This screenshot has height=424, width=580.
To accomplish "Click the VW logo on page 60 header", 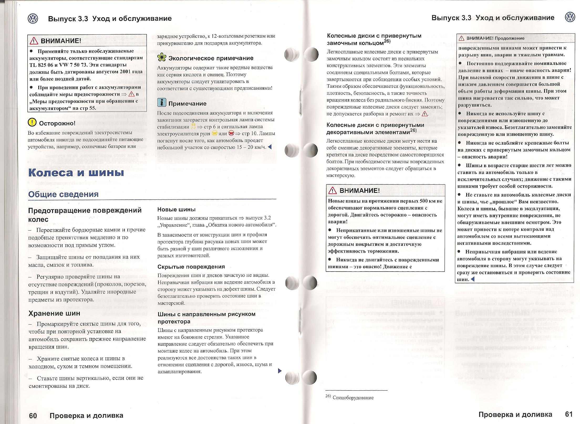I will point(33,19).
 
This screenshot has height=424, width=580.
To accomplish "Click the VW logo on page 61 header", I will point(570,18).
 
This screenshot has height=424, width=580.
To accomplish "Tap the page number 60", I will point(33,415).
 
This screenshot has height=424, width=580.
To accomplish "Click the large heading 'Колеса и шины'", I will point(76,173).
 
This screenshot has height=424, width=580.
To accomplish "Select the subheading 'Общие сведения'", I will point(63,194).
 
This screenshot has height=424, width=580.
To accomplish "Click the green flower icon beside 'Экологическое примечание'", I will point(162,57).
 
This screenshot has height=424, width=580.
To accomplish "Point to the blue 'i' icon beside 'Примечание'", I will point(162,103).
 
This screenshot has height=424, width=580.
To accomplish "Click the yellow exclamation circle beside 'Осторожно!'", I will point(32,122).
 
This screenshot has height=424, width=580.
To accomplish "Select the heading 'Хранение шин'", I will point(54,313).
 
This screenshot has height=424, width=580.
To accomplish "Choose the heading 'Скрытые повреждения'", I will point(191,267).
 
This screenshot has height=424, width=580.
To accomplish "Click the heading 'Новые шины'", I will point(176,209).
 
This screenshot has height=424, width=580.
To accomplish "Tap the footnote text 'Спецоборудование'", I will point(353,397).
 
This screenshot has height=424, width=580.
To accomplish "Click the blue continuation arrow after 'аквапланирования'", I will point(280,371).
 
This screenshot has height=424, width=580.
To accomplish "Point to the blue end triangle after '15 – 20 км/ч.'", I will point(270,147).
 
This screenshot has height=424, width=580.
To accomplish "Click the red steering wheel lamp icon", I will point(231,133).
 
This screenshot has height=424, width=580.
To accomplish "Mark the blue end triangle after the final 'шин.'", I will point(473,279).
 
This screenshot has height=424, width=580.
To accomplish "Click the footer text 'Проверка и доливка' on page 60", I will point(86,415).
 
